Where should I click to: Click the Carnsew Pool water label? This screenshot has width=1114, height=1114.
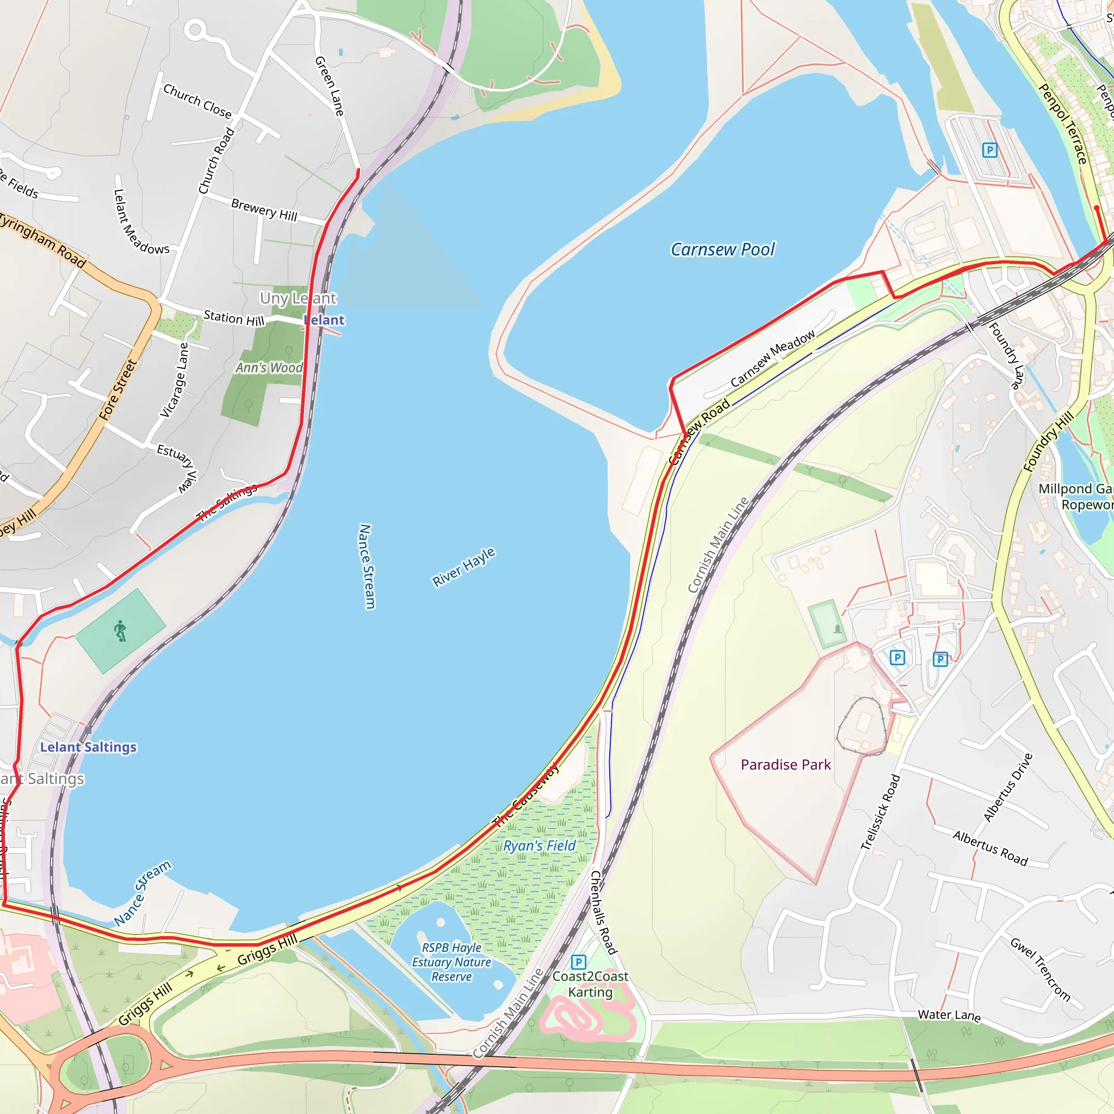coord(722,249)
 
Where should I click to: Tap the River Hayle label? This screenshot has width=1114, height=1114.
coord(463,567)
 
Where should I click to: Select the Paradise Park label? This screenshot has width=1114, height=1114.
coord(785,765)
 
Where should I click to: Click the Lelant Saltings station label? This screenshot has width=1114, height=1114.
coord(88,747)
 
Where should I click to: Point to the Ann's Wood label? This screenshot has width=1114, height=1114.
coord(269,367)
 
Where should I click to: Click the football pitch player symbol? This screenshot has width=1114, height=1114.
coord(120,631)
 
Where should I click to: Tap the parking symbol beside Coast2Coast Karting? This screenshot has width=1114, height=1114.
coord(578,962)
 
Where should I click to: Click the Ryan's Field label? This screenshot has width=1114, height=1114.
coord(539,846)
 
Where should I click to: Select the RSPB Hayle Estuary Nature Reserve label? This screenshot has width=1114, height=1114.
coord(451,962)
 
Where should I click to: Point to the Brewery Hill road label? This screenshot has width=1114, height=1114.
coord(264,210)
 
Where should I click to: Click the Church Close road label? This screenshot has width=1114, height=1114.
coord(197,102)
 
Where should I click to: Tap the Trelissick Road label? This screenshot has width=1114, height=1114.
coord(880,813)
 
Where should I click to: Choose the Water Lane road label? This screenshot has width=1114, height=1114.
coord(949,1015)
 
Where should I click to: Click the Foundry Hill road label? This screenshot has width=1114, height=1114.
coord(1048,442)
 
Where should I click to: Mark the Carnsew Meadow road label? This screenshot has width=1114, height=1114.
coord(772,358)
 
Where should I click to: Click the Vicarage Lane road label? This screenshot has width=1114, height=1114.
coord(174,380)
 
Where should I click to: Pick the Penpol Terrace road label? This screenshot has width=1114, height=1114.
coord(1063,124)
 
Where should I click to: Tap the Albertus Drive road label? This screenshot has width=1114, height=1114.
coord(1007,787)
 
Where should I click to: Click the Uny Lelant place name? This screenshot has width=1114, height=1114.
coord(298,298)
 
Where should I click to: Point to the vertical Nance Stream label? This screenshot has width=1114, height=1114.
coord(366,566)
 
